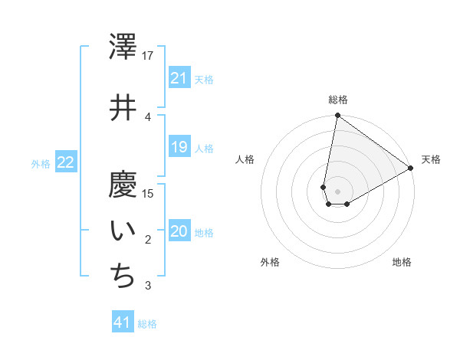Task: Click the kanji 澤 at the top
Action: (x=123, y=47)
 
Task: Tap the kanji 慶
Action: (x=123, y=185)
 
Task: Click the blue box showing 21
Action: (x=179, y=78)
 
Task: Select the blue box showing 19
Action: (x=179, y=147)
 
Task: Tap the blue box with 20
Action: (x=179, y=232)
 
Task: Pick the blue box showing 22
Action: (x=66, y=162)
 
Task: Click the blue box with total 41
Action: (x=123, y=322)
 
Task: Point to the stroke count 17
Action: (x=148, y=56)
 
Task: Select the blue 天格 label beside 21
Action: (x=204, y=79)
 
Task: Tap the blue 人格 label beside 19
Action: (x=204, y=148)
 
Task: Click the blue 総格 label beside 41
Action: (x=147, y=323)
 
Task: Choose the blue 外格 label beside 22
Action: (x=41, y=163)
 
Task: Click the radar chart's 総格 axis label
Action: (x=338, y=100)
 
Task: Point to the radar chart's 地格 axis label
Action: (x=402, y=262)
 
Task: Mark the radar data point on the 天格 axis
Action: (x=411, y=169)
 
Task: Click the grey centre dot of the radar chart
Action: (x=337, y=191)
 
